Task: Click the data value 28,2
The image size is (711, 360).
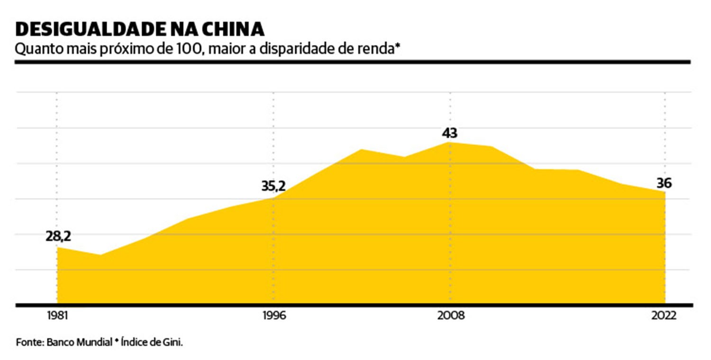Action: point(58,236)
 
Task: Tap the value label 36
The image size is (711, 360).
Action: point(665,182)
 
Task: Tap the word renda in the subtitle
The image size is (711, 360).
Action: point(371,49)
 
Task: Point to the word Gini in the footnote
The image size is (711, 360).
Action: point(173,342)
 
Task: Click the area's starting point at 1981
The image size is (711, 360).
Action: point(57,247)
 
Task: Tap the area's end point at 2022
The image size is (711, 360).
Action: point(665,192)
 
